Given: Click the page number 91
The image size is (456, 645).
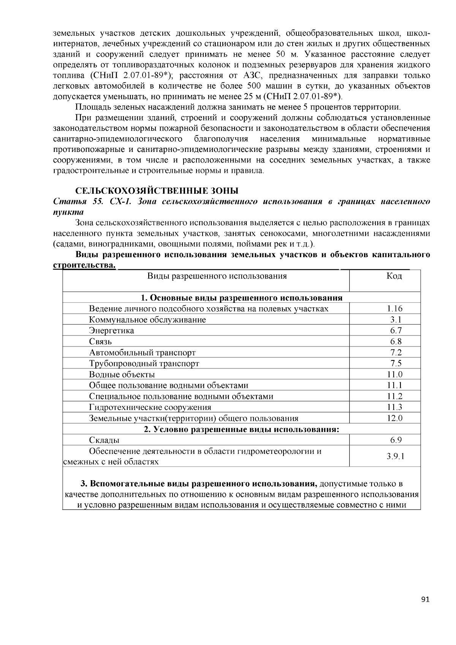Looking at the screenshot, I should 425,600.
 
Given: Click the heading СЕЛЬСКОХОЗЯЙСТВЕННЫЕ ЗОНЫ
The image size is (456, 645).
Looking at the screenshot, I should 157,190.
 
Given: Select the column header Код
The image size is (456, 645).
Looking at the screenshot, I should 394,276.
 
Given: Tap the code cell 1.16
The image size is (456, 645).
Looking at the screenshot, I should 394,308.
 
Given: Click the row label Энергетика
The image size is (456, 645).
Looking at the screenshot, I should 111,330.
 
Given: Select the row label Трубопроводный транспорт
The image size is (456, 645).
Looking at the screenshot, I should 144,364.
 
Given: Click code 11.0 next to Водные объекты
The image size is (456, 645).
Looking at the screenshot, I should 394,375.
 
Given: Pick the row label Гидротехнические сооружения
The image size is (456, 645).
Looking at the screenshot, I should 150,407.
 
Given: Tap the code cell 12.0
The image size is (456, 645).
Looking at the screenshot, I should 394,418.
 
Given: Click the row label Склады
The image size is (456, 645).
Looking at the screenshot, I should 104,440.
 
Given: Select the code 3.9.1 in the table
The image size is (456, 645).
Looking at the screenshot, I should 396,456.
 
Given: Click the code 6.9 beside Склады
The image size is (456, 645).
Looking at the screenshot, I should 396,440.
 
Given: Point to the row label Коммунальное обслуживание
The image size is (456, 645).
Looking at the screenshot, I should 147,319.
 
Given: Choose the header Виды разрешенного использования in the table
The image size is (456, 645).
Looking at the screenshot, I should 217,276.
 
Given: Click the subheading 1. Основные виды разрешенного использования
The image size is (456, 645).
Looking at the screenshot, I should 241,297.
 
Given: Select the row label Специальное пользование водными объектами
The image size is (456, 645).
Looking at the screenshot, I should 181,396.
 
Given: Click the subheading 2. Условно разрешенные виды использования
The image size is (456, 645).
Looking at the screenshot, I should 241,429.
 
